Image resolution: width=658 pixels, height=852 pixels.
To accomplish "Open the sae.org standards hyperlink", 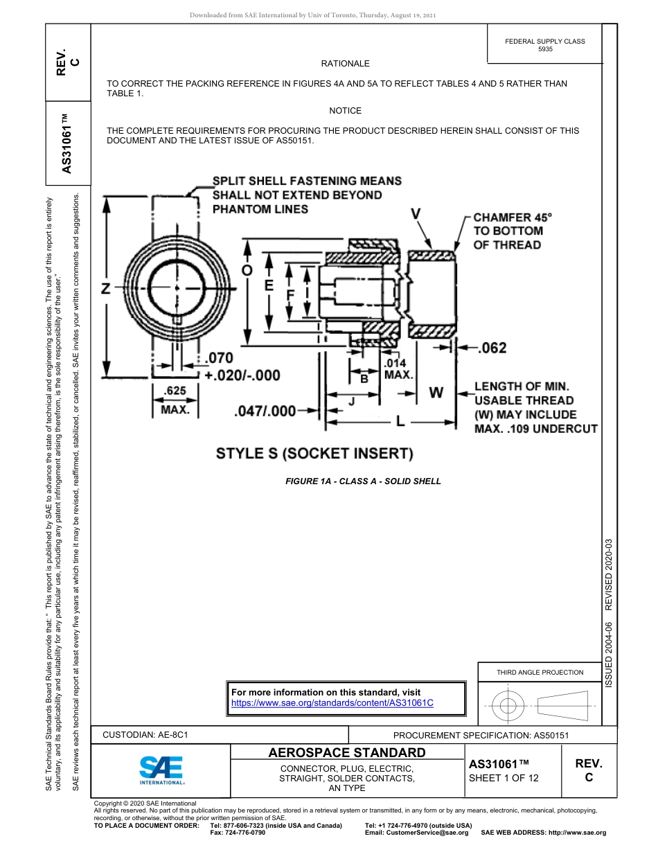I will [x=332, y=702].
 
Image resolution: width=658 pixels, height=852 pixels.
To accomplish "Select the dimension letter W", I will [x=436, y=393].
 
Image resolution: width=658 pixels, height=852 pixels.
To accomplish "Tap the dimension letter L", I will [x=400, y=420].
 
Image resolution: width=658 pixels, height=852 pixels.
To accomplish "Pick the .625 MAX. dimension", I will [x=175, y=400].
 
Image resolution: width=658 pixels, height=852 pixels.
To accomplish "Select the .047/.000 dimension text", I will [x=266, y=411].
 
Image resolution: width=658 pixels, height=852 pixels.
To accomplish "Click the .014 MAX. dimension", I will [x=398, y=369].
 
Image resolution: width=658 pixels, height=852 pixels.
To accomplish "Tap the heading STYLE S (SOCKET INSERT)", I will [x=314, y=454].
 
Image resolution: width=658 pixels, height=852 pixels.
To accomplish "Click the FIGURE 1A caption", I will [x=363, y=481].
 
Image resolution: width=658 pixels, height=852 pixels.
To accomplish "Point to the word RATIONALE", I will [x=345, y=64].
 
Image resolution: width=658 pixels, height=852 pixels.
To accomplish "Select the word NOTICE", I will [x=345, y=111].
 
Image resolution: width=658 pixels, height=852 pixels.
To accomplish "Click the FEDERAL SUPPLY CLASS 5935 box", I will [x=544, y=45].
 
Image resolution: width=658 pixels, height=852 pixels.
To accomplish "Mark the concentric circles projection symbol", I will [x=508, y=706].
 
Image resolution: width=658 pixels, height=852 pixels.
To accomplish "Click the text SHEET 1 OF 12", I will [x=504, y=777].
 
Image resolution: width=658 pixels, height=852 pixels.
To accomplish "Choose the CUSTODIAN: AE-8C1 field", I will [x=145, y=735].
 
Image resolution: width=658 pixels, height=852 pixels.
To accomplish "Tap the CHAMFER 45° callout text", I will [x=513, y=231].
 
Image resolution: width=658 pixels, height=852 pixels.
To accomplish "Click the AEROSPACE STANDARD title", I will [x=346, y=752].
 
